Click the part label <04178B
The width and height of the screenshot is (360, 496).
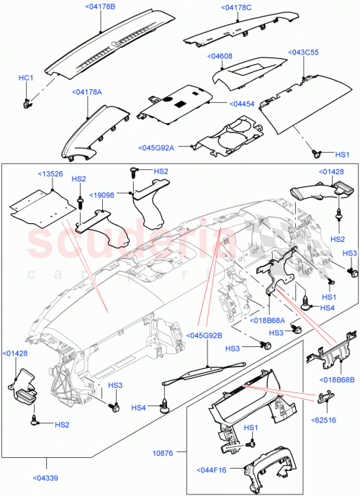click(x=100, y=6)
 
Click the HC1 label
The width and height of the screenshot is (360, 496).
click(x=26, y=76)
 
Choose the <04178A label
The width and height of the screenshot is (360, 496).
click(x=87, y=92)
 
